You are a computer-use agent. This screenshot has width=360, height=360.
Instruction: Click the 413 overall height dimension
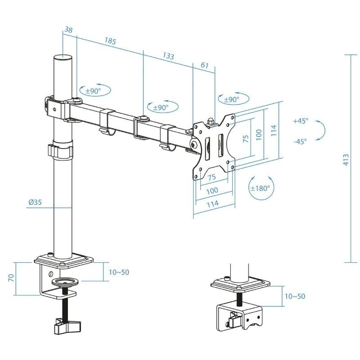click(346, 160)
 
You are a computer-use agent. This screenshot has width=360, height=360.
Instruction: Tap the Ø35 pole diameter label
click(35, 202)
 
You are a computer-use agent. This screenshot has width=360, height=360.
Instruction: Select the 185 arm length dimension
click(110, 41)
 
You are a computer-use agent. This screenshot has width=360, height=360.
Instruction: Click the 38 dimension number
click(68, 30)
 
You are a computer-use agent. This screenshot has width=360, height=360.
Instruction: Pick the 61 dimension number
click(204, 65)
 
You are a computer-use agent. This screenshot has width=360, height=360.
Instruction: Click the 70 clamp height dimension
click(10, 279)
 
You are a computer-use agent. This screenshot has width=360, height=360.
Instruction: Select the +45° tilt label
click(300, 121)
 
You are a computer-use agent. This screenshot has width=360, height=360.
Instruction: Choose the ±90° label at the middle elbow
click(160, 108)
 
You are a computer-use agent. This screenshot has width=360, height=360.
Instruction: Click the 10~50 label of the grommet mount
click(294, 296)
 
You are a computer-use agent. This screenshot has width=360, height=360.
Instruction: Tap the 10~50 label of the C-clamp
click(119, 272)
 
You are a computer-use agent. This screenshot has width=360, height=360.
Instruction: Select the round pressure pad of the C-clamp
click(65, 282)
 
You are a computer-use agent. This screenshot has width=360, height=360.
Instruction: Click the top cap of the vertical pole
click(63, 58)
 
